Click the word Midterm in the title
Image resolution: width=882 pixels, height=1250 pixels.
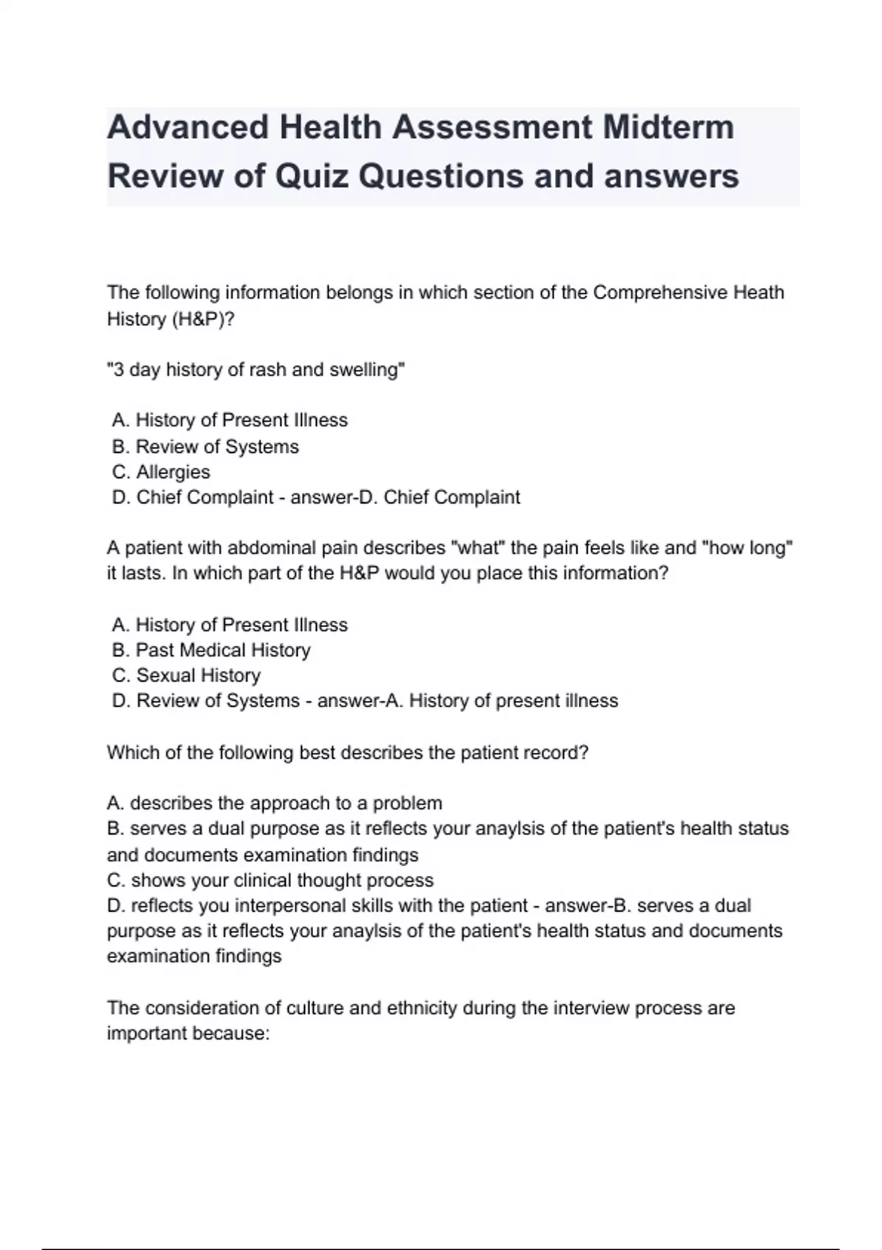tap(668, 127)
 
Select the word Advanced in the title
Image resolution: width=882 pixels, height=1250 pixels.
tap(187, 127)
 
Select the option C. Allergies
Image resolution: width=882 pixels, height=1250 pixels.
tap(161, 472)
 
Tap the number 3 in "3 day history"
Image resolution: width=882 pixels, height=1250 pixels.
tap(118, 370)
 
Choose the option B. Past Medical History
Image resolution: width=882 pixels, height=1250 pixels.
tap(211, 650)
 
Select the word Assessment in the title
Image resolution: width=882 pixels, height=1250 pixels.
tap(492, 127)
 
